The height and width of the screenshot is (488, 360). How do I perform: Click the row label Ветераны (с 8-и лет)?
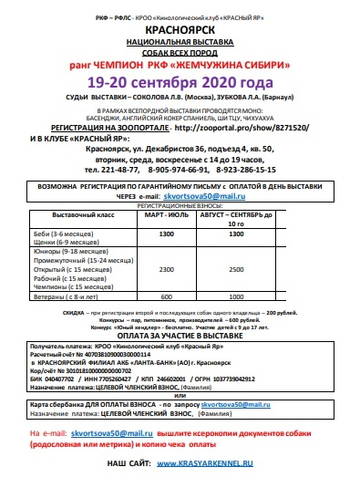pyautogui.click(x=77, y=295)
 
